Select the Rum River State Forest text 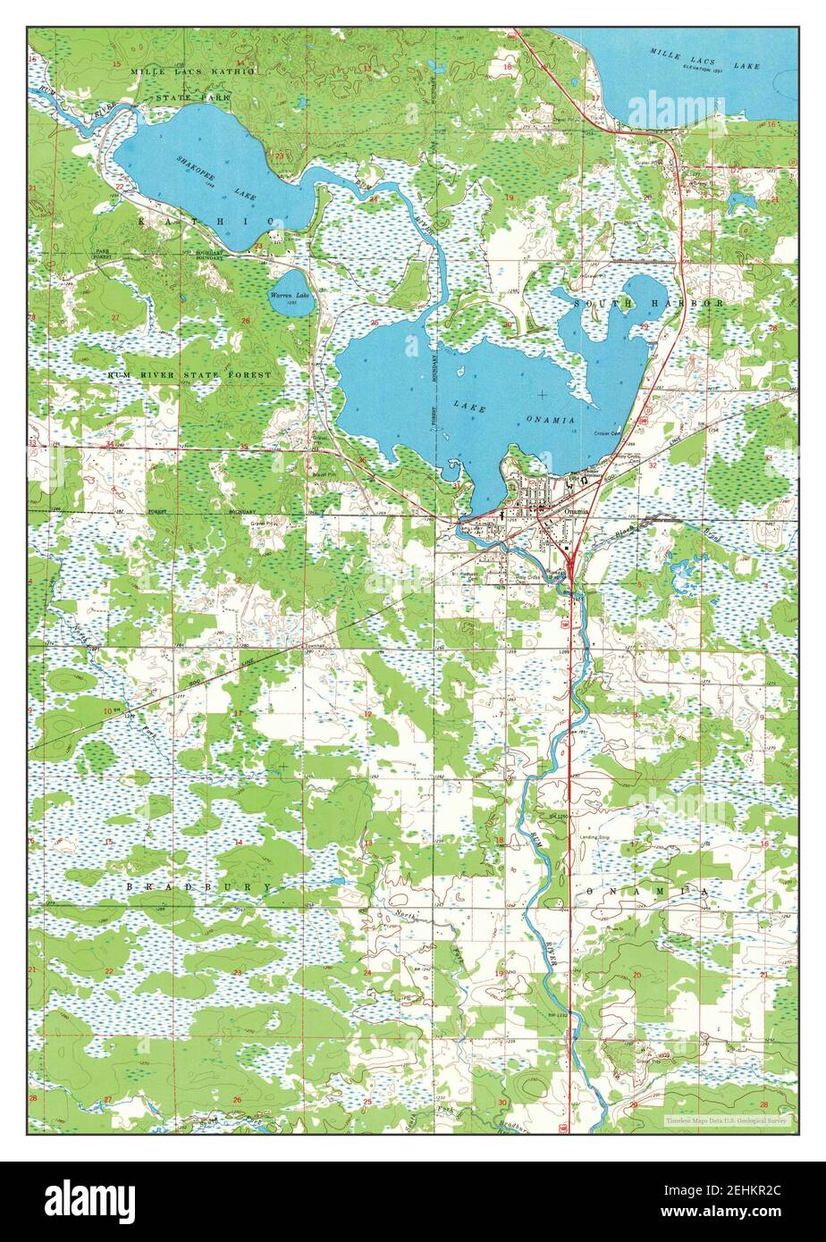[189, 375]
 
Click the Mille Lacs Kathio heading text [192, 71]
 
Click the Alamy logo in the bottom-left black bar [89, 1201]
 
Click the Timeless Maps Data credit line [726, 1119]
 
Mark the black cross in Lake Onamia [542, 394]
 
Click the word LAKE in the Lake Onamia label [469, 407]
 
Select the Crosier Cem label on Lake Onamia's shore [608, 433]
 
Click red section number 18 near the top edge [507, 67]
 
